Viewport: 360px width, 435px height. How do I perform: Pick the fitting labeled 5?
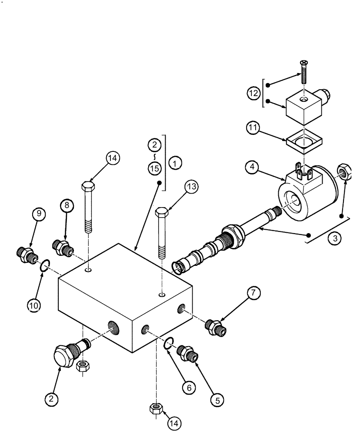(188, 351)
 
